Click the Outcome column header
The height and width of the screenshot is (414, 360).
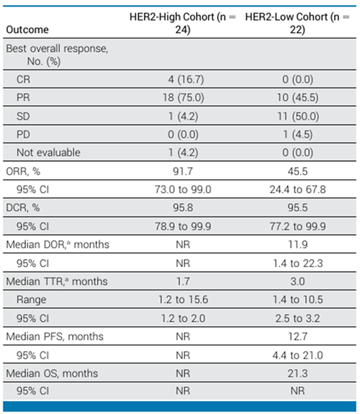point(27,30)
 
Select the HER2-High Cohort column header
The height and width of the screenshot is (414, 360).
point(182,23)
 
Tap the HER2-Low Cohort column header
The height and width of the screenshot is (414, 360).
point(297,23)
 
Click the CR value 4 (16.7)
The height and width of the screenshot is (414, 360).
point(186,79)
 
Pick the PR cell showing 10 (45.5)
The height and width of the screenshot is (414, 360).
point(297,97)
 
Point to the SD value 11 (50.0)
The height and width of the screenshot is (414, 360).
point(298,116)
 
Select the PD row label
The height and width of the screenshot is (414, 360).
point(23,135)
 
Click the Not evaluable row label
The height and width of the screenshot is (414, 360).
point(48,153)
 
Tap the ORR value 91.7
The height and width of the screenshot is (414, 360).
point(183,171)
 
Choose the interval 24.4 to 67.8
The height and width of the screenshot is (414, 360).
point(297,189)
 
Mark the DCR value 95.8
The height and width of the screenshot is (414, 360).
point(183,207)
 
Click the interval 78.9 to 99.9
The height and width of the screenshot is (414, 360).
point(183,226)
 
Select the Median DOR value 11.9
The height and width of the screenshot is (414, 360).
point(297,245)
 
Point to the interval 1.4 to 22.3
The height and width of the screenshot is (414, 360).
point(297,264)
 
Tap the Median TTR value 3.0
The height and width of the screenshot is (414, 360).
point(297,282)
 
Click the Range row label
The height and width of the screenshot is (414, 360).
point(31,300)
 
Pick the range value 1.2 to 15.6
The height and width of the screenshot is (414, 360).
point(183,300)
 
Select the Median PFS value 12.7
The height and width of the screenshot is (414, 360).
point(297,337)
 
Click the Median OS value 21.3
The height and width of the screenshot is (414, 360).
point(297,374)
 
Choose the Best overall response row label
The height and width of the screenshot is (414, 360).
point(57,55)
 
